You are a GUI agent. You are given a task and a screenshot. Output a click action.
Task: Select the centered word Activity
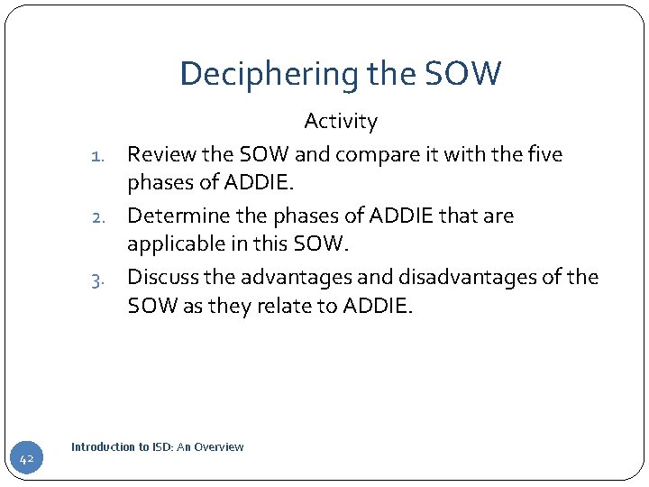(x=341, y=121)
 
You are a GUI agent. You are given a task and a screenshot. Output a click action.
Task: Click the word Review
(x=159, y=155)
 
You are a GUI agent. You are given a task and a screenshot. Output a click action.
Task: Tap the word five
(x=544, y=155)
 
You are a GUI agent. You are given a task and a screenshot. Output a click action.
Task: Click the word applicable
(x=172, y=245)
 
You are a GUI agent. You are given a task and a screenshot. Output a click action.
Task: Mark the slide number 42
(x=26, y=460)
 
